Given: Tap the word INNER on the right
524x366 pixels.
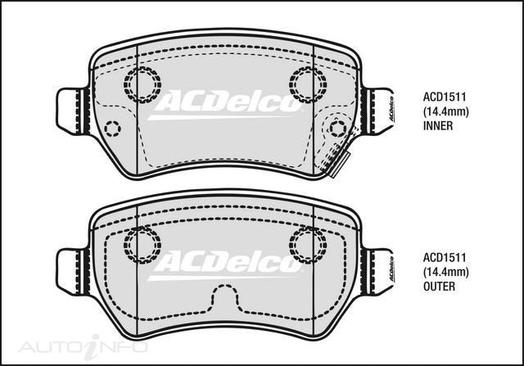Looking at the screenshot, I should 438,126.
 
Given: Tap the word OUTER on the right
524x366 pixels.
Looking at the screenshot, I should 439,287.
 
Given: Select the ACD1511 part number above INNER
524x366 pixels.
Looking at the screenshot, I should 444,96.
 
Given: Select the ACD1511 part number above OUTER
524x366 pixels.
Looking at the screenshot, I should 444,256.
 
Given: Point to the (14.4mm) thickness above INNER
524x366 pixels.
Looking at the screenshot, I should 445,111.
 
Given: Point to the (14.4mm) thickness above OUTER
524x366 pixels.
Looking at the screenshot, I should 445,272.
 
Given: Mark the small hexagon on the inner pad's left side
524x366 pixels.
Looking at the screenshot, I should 112,128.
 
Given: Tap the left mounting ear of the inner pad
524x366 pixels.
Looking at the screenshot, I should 72,108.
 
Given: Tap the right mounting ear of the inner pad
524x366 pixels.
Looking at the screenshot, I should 378,108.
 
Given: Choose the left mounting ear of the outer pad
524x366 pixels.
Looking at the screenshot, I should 72,269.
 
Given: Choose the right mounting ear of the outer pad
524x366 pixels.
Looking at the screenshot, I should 378,269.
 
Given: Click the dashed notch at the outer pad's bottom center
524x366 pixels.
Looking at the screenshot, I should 225,303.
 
